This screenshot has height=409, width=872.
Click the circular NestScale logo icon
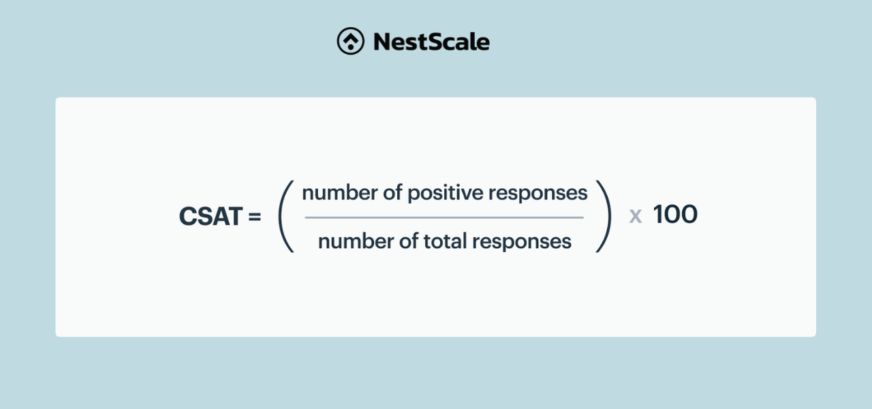351,41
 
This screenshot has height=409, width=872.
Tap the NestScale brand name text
431,42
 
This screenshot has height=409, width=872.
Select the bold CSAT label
211,216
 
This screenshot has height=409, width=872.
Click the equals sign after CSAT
255,217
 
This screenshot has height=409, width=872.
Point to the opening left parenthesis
285,217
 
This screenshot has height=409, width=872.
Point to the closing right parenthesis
604,217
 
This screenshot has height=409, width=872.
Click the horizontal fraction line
444,217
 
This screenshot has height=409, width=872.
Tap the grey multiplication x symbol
636,217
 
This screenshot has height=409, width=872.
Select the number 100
675,214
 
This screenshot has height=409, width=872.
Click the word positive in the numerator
446,194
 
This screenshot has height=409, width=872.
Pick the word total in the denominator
445,241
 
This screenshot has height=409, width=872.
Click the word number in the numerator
339,192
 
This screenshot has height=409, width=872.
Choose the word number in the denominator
356,241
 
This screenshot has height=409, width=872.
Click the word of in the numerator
392,192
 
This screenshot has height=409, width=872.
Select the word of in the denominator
409,241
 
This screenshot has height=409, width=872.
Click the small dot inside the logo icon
351,47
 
